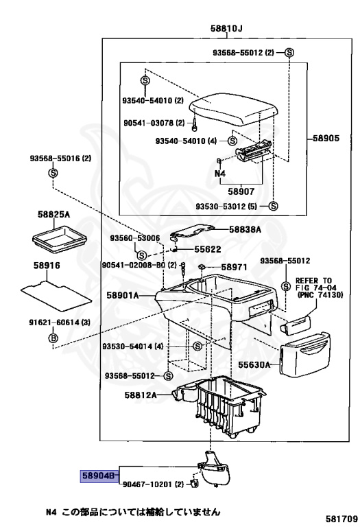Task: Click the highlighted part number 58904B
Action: tap(99, 476)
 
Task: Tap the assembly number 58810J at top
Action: tap(226, 29)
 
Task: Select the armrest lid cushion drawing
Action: tap(234, 110)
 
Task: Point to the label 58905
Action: tap(326, 138)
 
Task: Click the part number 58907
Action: tap(241, 191)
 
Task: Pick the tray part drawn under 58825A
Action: tap(60, 239)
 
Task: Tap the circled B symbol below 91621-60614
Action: tap(53, 338)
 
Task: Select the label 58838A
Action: tap(245, 230)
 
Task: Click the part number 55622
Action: tap(208, 249)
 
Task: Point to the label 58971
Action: tap(234, 267)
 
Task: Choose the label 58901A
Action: tap(123, 296)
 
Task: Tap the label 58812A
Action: tap(141, 395)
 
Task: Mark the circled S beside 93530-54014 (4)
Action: tap(197, 346)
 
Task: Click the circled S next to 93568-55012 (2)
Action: tap(289, 52)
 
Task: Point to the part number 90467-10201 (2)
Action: tap(153, 484)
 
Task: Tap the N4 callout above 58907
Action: tap(220, 174)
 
